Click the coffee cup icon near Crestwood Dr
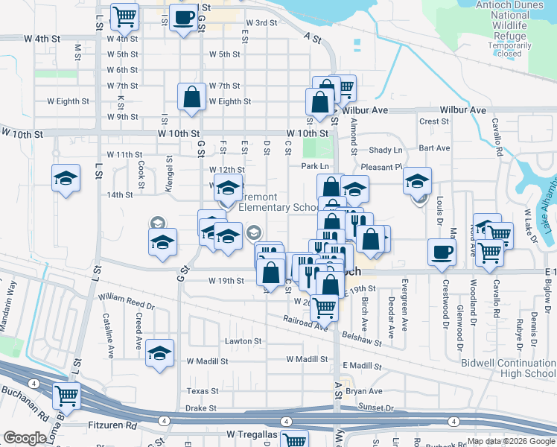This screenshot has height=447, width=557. coord(442,251)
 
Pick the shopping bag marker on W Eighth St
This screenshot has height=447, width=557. coord(192,96)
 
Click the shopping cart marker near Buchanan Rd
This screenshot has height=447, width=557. coord(67,396)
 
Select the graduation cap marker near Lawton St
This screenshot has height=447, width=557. coord(159,353)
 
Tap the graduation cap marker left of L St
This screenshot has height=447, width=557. coord(66,178)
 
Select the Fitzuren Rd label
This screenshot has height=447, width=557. coord(112,426)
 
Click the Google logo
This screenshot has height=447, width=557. coord(25,438)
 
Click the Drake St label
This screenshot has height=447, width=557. coord(200,408)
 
